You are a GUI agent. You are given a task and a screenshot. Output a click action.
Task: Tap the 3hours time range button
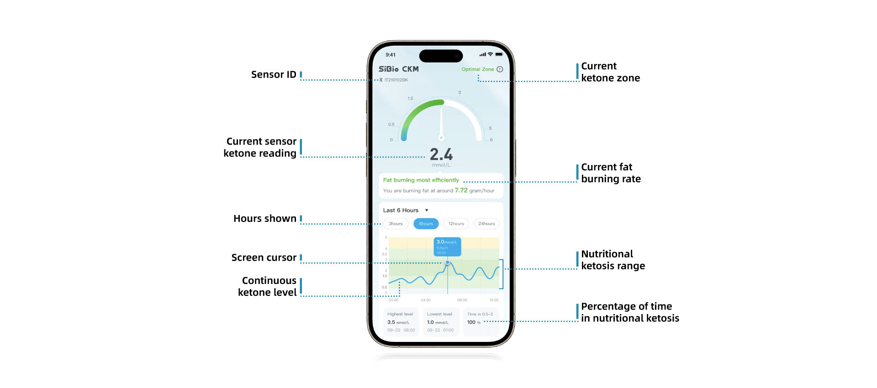(x=396, y=224)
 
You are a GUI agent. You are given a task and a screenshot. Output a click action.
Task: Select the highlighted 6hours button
(x=426, y=224)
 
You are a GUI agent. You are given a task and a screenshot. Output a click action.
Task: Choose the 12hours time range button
(x=456, y=224)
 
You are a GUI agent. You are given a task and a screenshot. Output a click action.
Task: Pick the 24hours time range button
(x=486, y=224)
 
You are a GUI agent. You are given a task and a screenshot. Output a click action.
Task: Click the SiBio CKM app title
(x=398, y=69)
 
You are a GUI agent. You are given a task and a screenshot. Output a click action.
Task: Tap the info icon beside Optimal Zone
(x=500, y=69)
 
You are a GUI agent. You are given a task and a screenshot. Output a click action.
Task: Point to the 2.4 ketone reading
(x=441, y=154)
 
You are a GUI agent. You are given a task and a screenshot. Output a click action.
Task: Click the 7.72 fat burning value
(x=461, y=190)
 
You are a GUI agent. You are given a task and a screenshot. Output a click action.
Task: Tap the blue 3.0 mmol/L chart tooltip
(x=447, y=246)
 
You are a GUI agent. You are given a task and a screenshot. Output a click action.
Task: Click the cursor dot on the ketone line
(x=448, y=262)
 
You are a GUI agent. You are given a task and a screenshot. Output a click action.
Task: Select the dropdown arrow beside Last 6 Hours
(x=427, y=210)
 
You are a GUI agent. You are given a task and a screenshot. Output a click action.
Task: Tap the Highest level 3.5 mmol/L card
(x=401, y=322)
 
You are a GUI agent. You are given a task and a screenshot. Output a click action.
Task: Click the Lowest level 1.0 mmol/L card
(x=440, y=322)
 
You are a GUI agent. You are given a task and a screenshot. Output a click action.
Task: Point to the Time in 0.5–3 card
(x=480, y=322)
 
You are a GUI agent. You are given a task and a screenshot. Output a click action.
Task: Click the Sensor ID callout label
(x=274, y=74)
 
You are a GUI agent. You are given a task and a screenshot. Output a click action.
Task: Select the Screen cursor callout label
(x=264, y=257)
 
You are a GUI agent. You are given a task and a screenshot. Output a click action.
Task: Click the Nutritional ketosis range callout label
(x=613, y=260)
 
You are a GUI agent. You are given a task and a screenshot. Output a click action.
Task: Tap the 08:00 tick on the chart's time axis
(x=462, y=300)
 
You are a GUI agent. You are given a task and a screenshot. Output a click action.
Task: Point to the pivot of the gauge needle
(x=441, y=137)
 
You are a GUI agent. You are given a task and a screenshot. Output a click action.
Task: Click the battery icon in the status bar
(x=499, y=54)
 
